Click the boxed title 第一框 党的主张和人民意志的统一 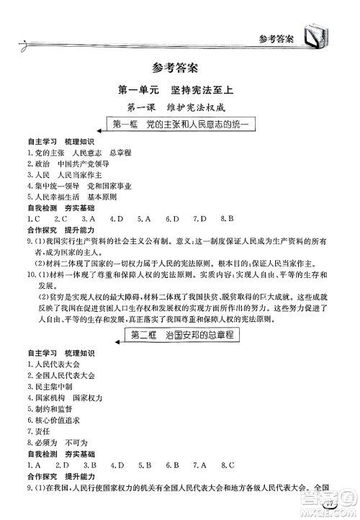click(180, 125)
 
